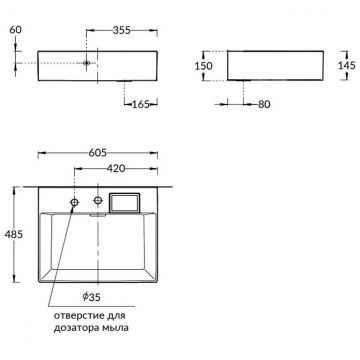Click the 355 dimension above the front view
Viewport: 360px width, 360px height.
coord(122,32)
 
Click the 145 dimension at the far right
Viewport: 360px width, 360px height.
coord(346,65)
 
